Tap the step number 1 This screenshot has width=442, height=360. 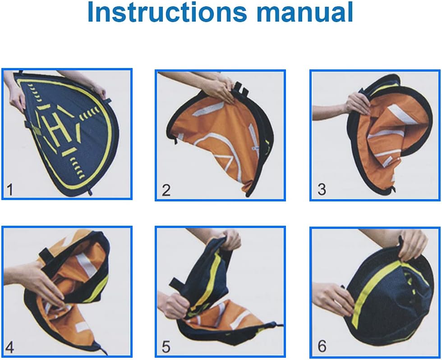click(x=9, y=190)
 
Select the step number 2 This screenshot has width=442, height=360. click(x=166, y=190)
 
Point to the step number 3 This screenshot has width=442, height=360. click(x=322, y=190)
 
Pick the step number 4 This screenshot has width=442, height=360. click(x=9, y=347)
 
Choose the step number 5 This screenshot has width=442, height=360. click(x=166, y=347)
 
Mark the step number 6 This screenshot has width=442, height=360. click(x=322, y=346)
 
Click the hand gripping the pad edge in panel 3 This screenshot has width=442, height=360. click(x=357, y=104)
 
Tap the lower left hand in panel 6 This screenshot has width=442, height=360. click(x=336, y=299)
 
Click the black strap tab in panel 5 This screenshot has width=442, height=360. click(x=176, y=283)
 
